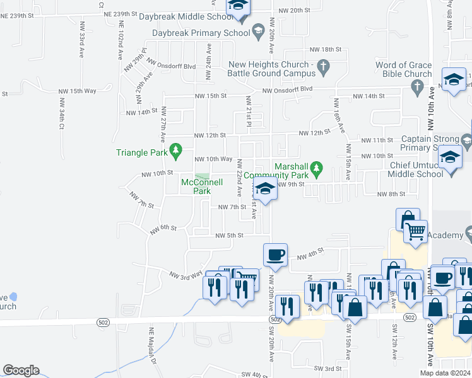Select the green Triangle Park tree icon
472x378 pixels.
click(x=177, y=151)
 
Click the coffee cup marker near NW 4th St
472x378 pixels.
click(x=275, y=255)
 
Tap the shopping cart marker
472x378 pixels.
click(x=415, y=232)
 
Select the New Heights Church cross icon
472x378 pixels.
click(x=323, y=65)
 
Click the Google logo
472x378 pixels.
click(x=21, y=370)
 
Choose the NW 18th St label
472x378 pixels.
click(x=325, y=49)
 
